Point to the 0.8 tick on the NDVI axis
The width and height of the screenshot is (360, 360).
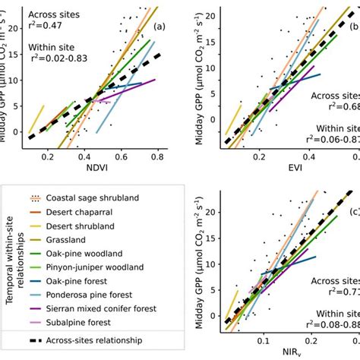click(157, 155)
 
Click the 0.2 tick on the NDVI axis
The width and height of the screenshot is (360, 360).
click(48, 155)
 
